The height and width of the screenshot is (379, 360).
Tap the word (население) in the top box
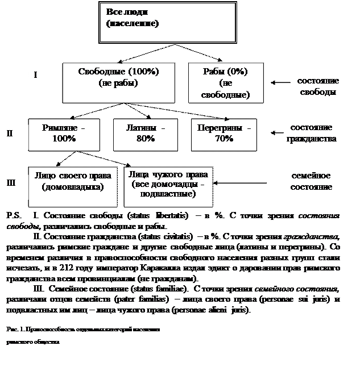[x=132, y=24]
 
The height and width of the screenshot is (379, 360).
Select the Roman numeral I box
[x=42, y=78]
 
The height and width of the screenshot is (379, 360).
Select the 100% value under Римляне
[x=63, y=138]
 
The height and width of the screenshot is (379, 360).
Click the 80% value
[x=146, y=138]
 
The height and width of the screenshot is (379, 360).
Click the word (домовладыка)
[x=72, y=186]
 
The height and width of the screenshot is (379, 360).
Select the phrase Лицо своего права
[x=72, y=176]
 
